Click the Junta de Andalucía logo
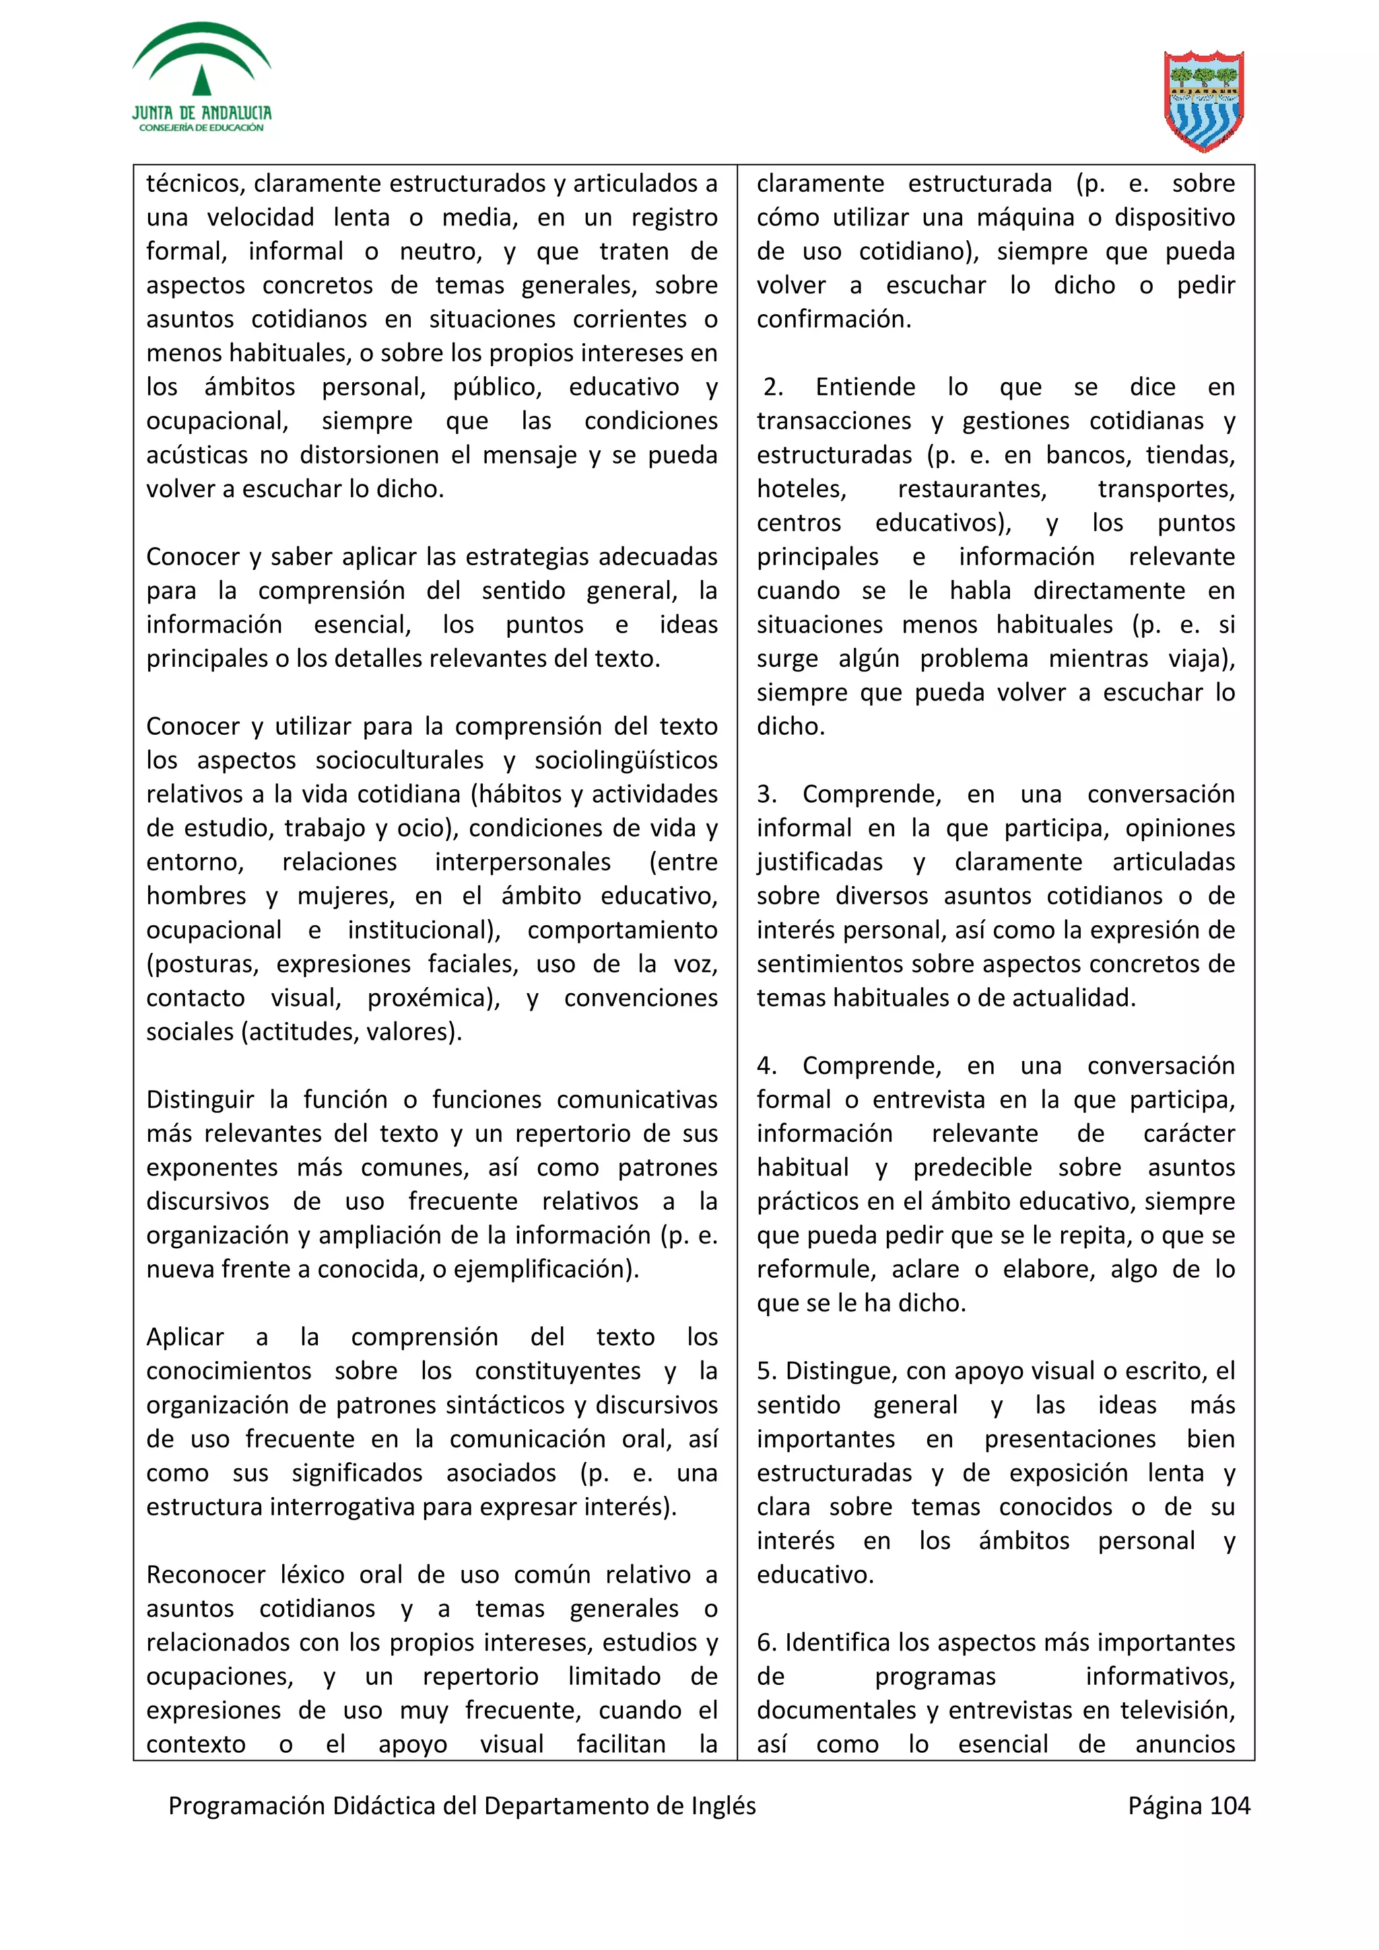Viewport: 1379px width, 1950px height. (201, 78)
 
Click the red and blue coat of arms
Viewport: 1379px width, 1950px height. (1204, 100)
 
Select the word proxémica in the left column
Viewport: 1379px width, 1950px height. (432, 998)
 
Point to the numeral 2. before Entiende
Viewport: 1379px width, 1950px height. (772, 388)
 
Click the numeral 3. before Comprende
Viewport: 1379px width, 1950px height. (766, 794)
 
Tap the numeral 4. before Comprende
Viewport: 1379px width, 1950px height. (766, 1066)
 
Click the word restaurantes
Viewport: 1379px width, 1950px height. (972, 489)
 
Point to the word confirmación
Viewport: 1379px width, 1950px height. (833, 320)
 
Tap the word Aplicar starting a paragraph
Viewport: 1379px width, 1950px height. (184, 1337)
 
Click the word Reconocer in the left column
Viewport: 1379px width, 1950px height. (205, 1575)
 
